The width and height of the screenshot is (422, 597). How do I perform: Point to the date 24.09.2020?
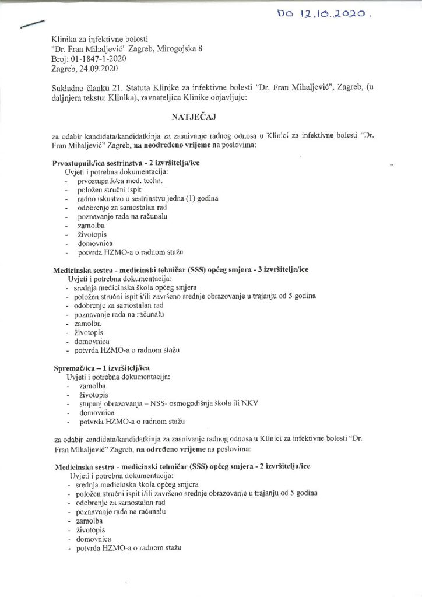[x=94, y=68]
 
